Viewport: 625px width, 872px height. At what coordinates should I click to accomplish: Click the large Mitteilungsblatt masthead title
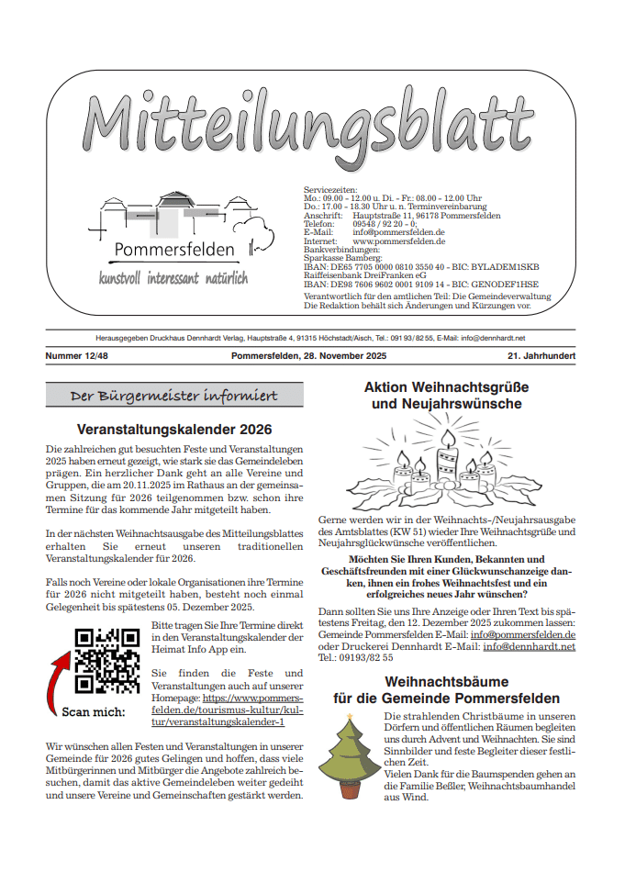309,126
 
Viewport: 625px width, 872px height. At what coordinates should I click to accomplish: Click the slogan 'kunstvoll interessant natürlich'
173,277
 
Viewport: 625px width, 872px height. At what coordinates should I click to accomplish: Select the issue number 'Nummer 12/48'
79,355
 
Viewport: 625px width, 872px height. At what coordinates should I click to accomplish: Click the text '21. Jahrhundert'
541,355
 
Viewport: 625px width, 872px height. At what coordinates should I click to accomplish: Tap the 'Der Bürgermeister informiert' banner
174,396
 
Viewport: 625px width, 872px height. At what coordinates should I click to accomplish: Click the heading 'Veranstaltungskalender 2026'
174,429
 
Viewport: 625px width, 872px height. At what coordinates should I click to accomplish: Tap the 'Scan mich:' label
92,710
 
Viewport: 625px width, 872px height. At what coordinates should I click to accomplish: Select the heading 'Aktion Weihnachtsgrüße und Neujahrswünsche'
447,396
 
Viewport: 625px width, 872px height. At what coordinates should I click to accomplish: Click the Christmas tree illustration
346,758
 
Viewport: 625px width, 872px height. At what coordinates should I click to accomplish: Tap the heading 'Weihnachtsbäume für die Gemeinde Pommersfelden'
447,690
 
